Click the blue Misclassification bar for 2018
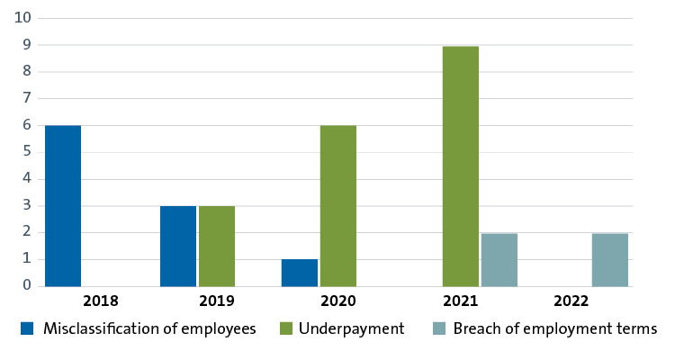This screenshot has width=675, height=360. pyautogui.click(x=63, y=206)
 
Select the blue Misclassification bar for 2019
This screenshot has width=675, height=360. pyautogui.click(x=178, y=246)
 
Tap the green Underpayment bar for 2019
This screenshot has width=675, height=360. pyautogui.click(x=217, y=246)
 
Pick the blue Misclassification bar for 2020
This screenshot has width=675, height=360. pyautogui.click(x=300, y=273)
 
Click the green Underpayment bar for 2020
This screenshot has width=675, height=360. pyautogui.click(x=338, y=206)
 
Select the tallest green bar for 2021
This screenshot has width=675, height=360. pyautogui.click(x=461, y=166)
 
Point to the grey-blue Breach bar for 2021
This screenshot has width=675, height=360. pyautogui.click(x=499, y=259)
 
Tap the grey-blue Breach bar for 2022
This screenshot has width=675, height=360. pyautogui.click(x=610, y=259)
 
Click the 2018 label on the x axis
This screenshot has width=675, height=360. pyautogui.click(x=101, y=301)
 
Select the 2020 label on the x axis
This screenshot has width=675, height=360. pyautogui.click(x=338, y=301)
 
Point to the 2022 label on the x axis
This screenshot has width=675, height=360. pyautogui.click(x=572, y=301)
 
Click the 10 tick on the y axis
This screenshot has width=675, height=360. pyautogui.click(x=22, y=18)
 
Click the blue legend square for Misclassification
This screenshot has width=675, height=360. pyautogui.click(x=27, y=329)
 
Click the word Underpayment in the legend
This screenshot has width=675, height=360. pyautogui.click(x=350, y=329)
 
